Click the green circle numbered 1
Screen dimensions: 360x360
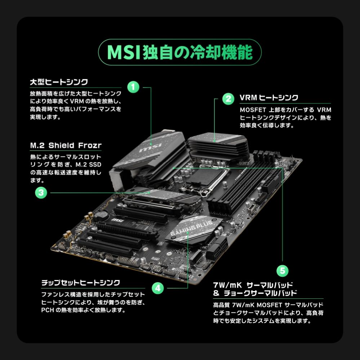pyautogui.click(x=133, y=87)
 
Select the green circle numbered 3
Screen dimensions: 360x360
pyautogui.click(x=41, y=192)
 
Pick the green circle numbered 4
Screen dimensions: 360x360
pyautogui.click(x=158, y=288)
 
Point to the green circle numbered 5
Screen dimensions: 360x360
pyautogui.click(x=282, y=270)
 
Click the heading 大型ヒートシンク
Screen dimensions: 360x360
pyautogui.click(x=59, y=82)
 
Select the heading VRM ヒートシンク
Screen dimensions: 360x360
pyautogui.click(x=269, y=98)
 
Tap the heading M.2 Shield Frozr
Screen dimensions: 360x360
pyautogui.click(x=66, y=146)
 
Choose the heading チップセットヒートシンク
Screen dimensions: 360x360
pyautogui.click(x=80, y=283)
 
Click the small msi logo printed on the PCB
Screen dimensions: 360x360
pyautogui.click(x=115, y=219)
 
